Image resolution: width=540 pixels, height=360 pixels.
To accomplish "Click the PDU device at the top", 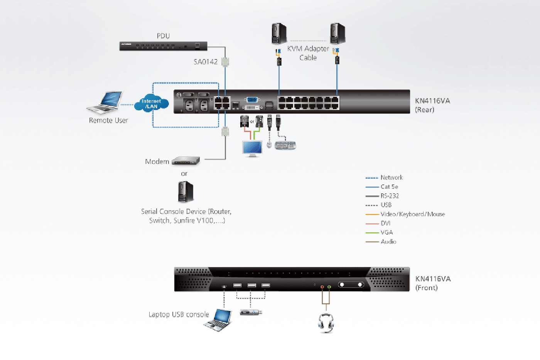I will pos(163,46).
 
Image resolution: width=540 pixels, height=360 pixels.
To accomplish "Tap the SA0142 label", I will pos(206,62).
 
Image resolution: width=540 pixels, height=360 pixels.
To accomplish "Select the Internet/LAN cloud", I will pos(152,104).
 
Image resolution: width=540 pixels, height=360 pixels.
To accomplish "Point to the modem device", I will pos(186,161).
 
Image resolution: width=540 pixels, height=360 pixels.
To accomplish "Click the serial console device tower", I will pos(185,192).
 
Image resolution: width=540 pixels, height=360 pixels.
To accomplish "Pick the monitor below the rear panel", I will pos(252,148).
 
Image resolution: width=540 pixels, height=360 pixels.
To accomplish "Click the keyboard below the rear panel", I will pos(285,145).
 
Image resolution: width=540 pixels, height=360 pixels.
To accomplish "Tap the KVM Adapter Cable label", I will pos(308,53).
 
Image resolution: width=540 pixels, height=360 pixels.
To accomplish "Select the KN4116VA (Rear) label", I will pos(432,105).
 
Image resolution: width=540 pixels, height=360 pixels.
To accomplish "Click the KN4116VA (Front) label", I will pos(432,283).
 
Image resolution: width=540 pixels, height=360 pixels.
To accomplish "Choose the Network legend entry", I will pos(391,177).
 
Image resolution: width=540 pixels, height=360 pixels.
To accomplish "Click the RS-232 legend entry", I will pos(390,196).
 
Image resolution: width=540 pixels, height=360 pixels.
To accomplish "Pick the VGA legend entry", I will pos(386,232).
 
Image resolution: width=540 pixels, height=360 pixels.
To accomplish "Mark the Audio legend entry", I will pos(388,242).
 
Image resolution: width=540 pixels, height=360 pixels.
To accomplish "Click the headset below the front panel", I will pos(326,323).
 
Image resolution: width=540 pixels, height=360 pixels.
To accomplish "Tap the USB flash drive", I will pos(251,312).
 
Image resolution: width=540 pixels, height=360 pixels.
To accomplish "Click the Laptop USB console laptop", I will pos(218,320).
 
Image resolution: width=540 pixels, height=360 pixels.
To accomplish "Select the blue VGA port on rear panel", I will pos(252,100).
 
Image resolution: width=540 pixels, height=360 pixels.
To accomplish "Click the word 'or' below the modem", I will pos(184,174).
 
